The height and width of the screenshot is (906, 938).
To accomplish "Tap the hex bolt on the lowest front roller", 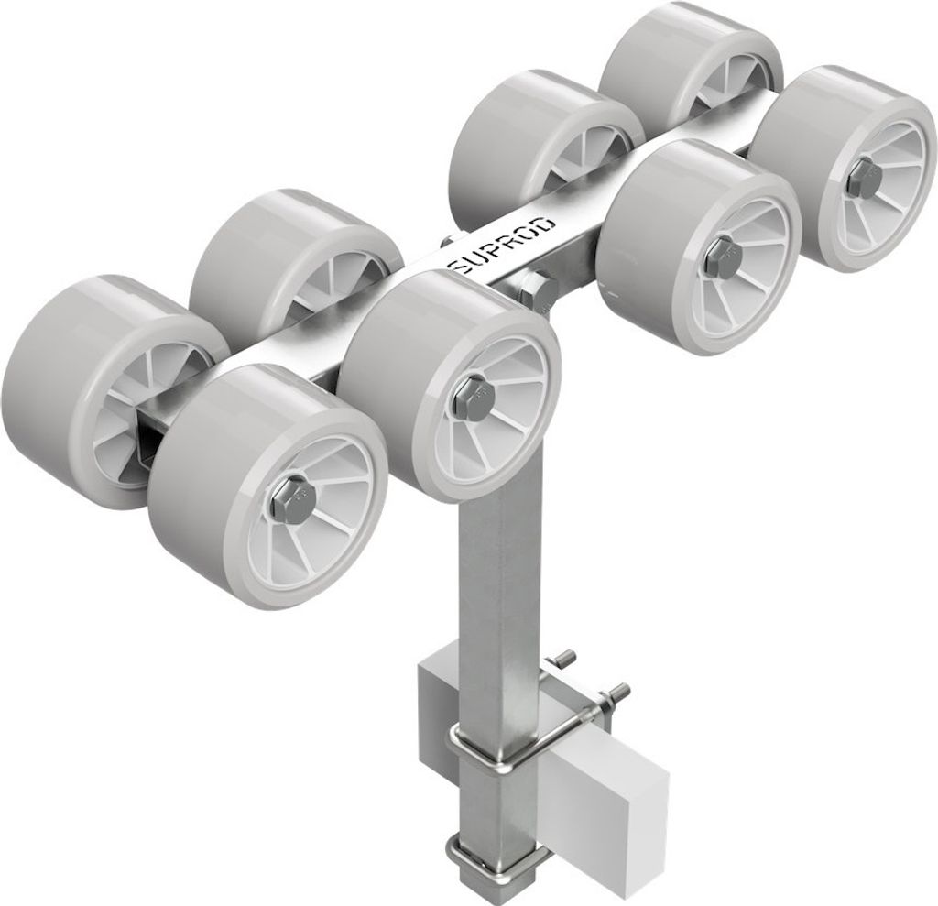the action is click(289, 497).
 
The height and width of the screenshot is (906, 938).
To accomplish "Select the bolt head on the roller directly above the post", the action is click(472, 395).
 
